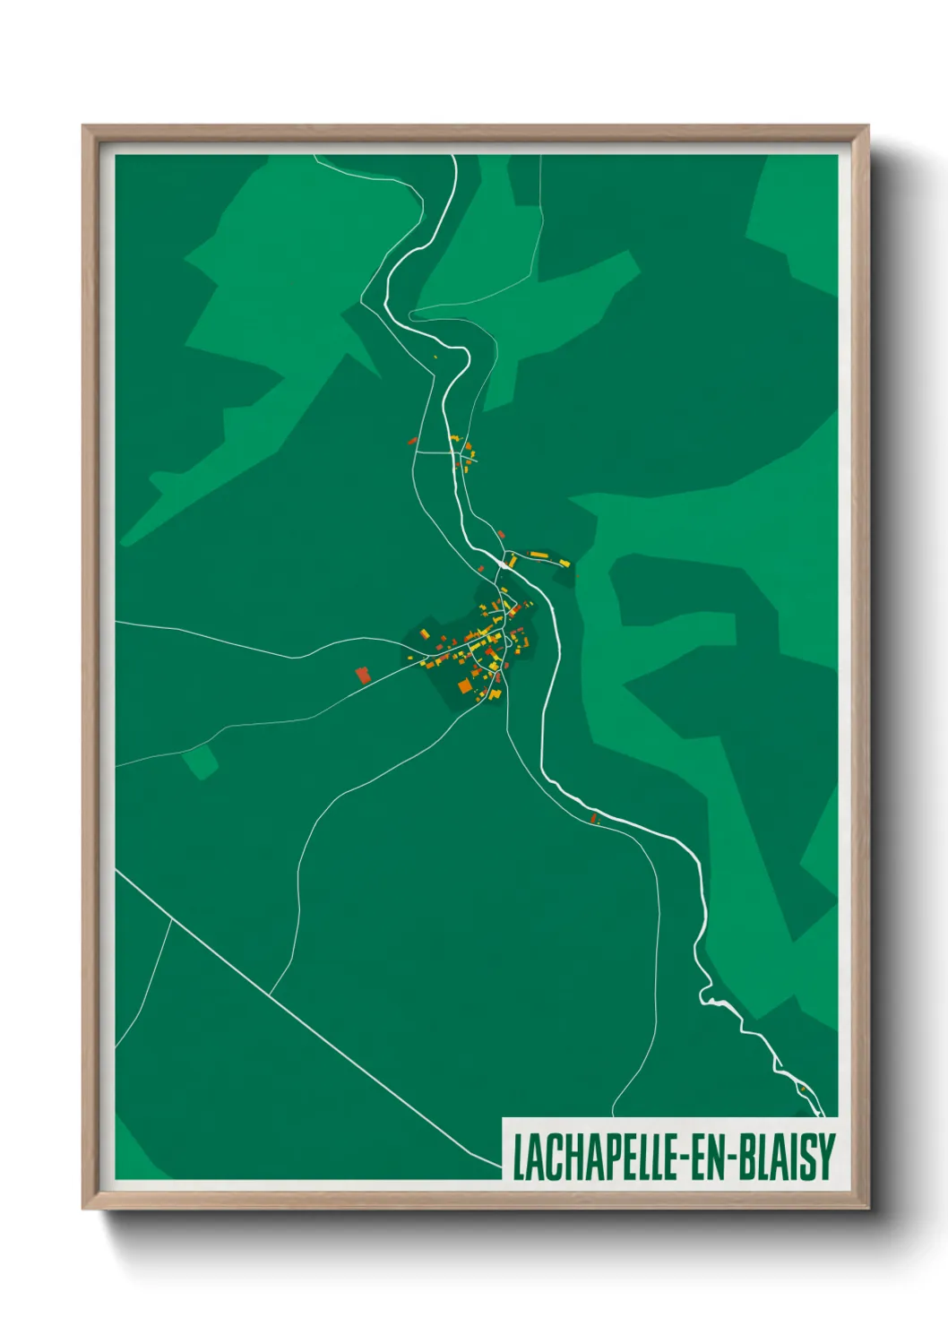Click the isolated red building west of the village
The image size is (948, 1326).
pos(363,675)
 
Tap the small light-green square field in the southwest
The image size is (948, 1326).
pos(200,762)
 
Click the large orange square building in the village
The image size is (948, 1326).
pos(464,686)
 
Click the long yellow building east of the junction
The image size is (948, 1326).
pos(539,555)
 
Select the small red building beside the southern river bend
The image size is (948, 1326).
pos(593,818)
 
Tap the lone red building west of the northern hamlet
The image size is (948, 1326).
pos(413,440)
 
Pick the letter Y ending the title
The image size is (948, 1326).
pos(827,1157)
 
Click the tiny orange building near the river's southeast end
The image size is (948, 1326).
pos(804,1088)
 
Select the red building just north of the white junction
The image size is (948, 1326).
pos(501,535)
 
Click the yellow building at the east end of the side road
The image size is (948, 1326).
pos(564,562)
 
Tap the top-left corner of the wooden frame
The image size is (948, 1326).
pos(84,127)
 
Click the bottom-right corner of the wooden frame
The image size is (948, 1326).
pos(867,1207)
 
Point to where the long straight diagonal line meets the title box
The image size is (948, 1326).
pos(502,1168)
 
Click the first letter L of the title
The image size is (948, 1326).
pos(517,1157)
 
